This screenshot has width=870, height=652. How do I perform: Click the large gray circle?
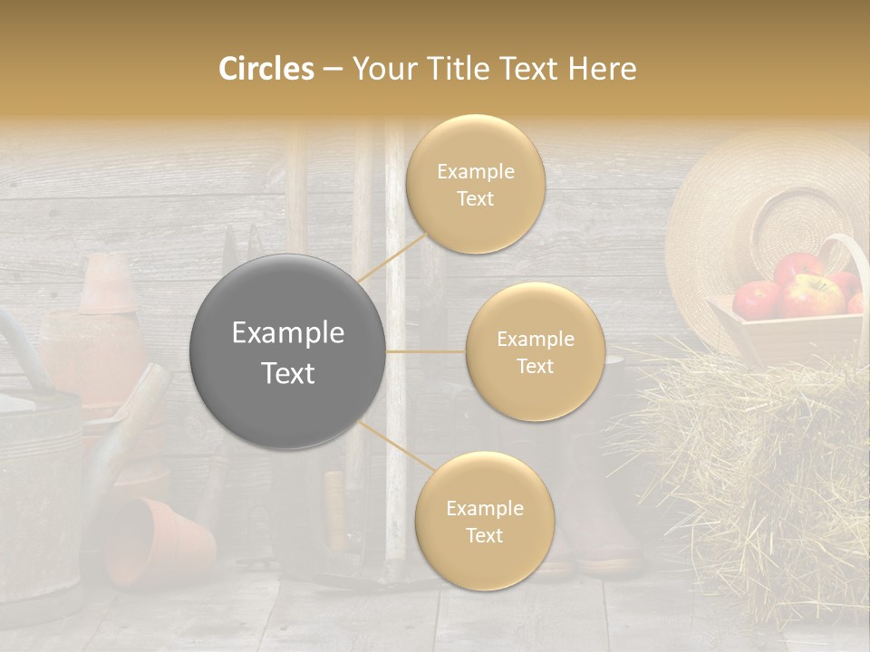click(x=288, y=351)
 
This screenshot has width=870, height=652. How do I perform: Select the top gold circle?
click(x=476, y=184)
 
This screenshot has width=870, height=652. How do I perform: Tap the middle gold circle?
click(x=535, y=351)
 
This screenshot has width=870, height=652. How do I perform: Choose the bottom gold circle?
click(x=484, y=521)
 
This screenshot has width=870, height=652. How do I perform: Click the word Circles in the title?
click(x=266, y=69)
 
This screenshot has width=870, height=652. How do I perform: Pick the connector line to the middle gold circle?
click(x=426, y=351)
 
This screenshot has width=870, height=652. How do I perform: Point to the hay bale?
click(x=761, y=453)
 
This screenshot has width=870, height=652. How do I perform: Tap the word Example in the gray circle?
click(x=288, y=333)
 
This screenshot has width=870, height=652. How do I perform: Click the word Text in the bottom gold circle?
click(x=484, y=535)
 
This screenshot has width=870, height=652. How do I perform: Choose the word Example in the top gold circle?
click(x=476, y=171)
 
